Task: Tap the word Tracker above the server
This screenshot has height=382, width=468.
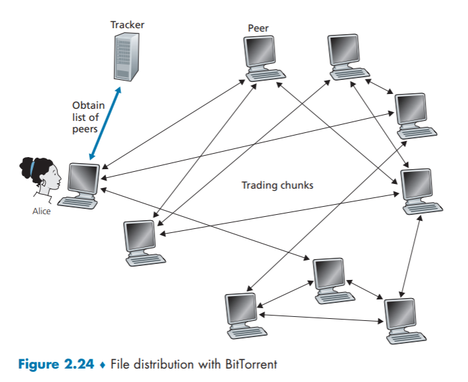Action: [127, 25]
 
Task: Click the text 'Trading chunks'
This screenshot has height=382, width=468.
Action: [277, 185]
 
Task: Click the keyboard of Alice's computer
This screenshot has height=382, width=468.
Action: [75, 200]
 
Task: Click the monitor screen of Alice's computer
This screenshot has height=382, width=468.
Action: [83, 177]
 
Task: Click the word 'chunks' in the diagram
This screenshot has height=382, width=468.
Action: [297, 185]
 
